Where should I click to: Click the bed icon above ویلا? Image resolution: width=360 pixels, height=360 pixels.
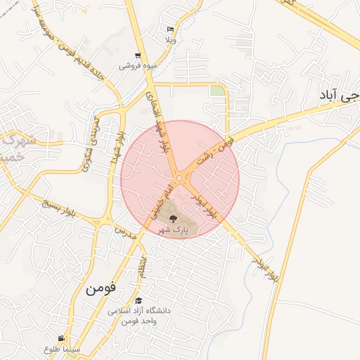171,29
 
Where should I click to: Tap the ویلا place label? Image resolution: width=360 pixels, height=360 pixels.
170,39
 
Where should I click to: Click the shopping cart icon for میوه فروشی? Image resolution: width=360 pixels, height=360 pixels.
137,55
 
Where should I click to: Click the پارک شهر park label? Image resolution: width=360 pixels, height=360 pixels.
173,230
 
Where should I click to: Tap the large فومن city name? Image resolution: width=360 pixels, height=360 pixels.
101,289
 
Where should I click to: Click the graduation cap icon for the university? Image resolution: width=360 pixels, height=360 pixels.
137,300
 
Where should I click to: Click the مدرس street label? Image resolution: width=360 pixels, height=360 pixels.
124,231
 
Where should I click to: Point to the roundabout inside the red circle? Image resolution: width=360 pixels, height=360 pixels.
180,179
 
